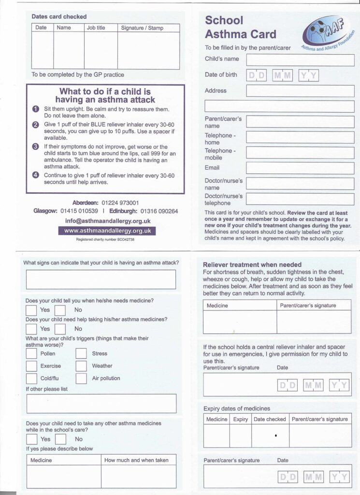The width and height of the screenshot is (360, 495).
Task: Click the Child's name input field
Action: [x=300, y=60]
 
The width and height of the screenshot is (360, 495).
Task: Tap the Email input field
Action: [x=300, y=168]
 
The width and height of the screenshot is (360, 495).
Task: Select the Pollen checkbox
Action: [x=31, y=354]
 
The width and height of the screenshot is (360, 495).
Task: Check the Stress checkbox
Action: [x=81, y=354]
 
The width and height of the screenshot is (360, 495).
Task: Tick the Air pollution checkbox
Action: [x=81, y=379]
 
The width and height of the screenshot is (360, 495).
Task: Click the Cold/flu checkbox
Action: [x=31, y=379]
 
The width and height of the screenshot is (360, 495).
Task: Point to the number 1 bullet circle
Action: [x=36, y=110]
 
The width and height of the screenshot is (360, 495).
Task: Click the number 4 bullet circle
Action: [x=36, y=175]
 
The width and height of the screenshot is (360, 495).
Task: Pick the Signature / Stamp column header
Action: [x=142, y=28]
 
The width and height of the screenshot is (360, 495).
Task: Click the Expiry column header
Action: [x=240, y=419]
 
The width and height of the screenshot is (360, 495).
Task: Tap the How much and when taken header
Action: [x=136, y=460]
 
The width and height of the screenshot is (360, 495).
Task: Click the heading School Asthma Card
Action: [x=240, y=28]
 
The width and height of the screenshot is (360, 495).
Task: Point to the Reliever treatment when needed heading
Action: [x=252, y=265]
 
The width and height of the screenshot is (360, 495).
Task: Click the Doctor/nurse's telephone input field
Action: [x=300, y=199]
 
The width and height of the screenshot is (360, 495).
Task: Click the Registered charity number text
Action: [x=105, y=240]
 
